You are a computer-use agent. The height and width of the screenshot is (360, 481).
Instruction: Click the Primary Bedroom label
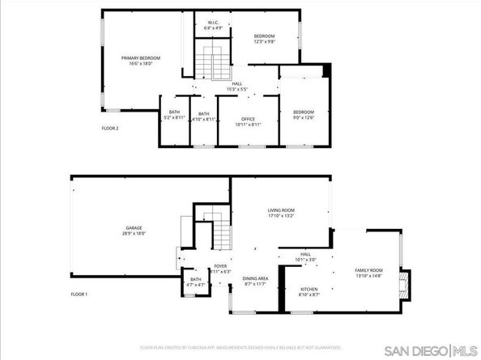[x=141, y=59]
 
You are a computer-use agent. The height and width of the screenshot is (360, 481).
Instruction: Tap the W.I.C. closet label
[x=214, y=24]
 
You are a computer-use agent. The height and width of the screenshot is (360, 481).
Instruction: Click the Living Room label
[x=281, y=213]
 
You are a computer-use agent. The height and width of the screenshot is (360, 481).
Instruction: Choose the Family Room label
[x=368, y=272]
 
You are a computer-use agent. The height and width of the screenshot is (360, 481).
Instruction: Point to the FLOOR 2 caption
[x=111, y=128]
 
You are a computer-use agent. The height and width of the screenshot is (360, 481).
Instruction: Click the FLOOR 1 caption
[x=79, y=294]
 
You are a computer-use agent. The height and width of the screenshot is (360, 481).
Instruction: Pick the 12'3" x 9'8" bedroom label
[x=265, y=39]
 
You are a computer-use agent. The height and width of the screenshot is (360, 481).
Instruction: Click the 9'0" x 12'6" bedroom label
[x=304, y=113]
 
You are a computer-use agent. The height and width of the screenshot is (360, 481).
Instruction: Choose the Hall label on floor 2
[x=237, y=86]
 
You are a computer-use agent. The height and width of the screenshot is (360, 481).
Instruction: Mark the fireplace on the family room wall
[x=407, y=284]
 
